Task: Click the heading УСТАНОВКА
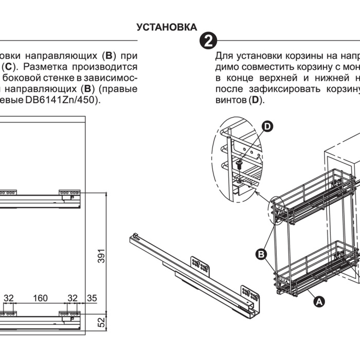tap(167, 27)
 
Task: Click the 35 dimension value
tap(92, 298)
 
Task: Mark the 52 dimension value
tap(101, 322)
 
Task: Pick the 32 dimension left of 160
tap(9, 298)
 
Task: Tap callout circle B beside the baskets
tap(261, 254)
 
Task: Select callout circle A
tap(319, 302)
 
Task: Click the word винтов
tap(231, 100)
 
